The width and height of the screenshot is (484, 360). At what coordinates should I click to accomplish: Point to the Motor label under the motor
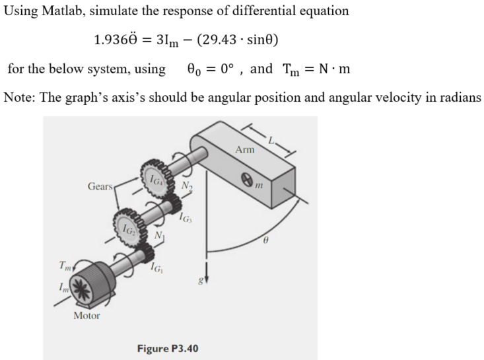[x=86, y=316]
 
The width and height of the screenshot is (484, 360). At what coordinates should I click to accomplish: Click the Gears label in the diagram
[x=101, y=186]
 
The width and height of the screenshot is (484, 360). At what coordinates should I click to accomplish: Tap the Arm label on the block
[x=244, y=150]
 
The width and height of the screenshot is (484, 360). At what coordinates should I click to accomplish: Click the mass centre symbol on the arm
[x=247, y=177]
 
